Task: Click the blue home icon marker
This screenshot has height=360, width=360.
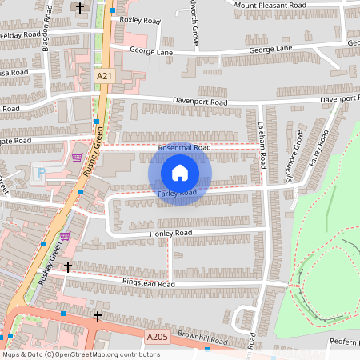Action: click(x=180, y=173)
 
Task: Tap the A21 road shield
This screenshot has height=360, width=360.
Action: click(x=103, y=75)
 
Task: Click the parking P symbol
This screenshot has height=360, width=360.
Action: click(x=42, y=172)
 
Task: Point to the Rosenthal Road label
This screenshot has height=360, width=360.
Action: click(x=184, y=148)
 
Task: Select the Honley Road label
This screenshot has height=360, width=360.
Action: click(x=170, y=233)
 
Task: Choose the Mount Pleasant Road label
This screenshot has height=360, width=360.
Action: click(x=271, y=5)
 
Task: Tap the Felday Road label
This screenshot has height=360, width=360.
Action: click(x=20, y=35)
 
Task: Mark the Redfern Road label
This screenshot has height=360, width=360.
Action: click(x=344, y=342)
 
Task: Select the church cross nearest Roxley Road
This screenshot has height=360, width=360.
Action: click(x=80, y=8)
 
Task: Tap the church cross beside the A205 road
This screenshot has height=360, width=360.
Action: click(x=98, y=317)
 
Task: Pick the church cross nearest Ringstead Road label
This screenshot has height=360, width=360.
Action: click(x=68, y=266)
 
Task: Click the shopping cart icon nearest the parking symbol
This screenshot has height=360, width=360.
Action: click(x=77, y=157)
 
